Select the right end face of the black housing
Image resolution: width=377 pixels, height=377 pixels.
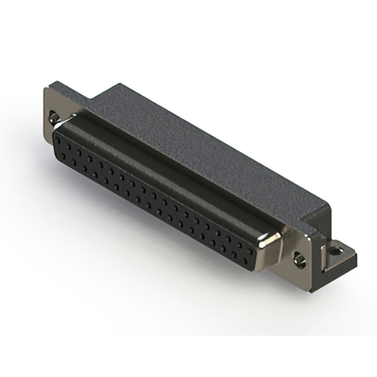pyautogui.click(x=318, y=218)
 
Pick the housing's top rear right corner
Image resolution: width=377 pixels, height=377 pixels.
pyautogui.click(x=329, y=204)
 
